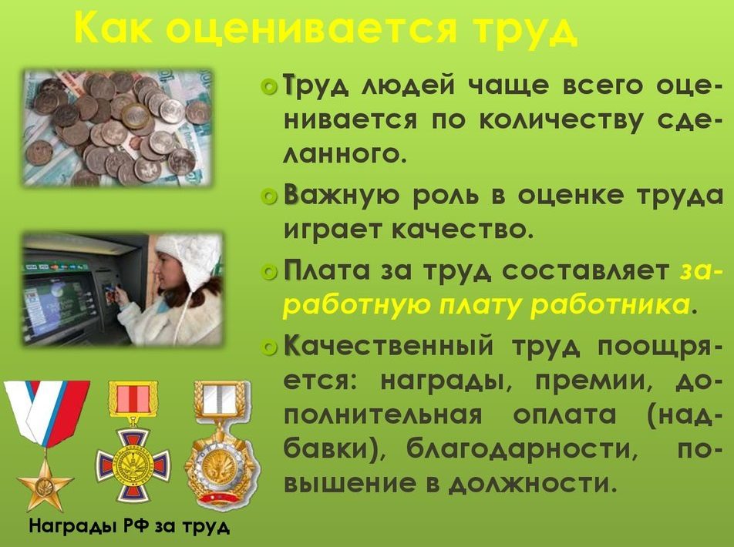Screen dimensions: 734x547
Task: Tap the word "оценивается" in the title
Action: point(311,29)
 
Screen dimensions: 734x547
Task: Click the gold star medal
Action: point(45,484)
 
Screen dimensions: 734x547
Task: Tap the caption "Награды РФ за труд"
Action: point(130,526)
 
